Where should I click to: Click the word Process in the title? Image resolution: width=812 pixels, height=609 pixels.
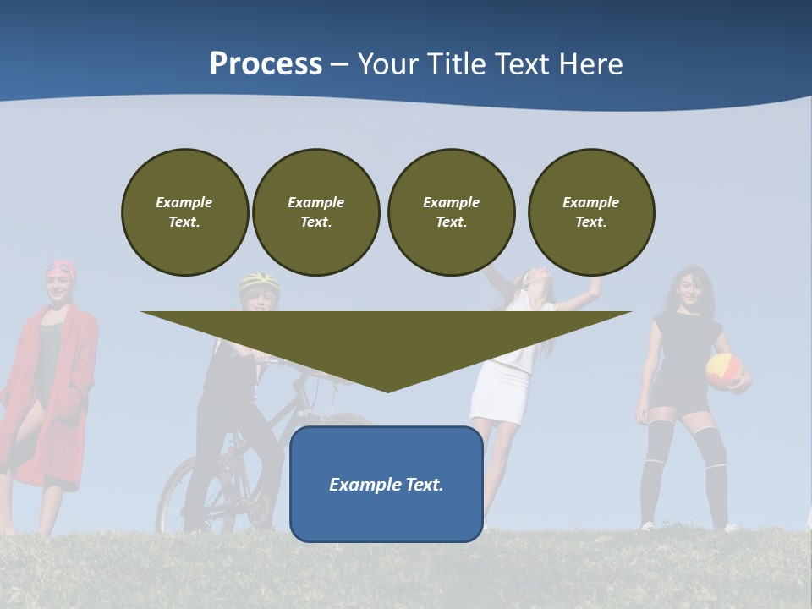pyautogui.click(x=266, y=63)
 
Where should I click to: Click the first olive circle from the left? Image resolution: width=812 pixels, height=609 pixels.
pyautogui.click(x=185, y=212)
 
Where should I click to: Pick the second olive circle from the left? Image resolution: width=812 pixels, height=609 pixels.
pyautogui.click(x=316, y=212)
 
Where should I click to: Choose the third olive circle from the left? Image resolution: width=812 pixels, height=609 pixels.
pyautogui.click(x=452, y=212)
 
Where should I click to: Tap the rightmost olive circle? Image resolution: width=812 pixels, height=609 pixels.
pyautogui.click(x=591, y=212)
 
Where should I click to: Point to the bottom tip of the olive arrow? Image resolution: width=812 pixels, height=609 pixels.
pyautogui.click(x=387, y=390)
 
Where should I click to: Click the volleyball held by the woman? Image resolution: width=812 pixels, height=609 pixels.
pyautogui.click(x=725, y=370)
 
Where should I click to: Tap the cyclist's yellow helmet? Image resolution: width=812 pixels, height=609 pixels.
pyautogui.click(x=259, y=281)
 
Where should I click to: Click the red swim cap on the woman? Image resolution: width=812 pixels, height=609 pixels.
pyautogui.click(x=62, y=270)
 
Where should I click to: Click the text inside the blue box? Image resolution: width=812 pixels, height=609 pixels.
pyautogui.click(x=387, y=485)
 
